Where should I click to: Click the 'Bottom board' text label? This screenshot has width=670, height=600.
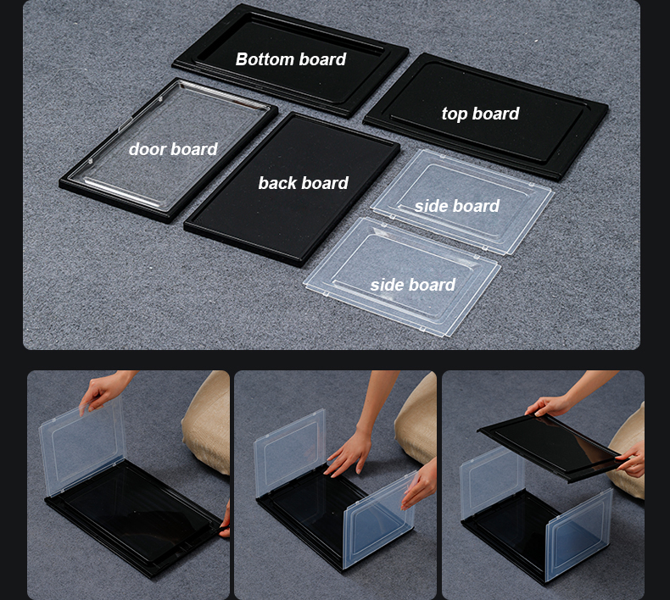pos(291,59)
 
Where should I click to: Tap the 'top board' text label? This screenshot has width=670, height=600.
pos(480,114)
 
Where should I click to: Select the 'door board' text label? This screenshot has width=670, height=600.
pos(173,149)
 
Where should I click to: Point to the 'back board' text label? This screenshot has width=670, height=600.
pos(303,183)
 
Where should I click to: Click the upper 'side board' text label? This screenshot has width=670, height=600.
pos(457,206)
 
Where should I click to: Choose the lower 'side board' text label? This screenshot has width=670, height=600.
pos(413,285)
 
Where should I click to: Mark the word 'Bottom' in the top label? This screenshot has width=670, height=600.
pos(265,59)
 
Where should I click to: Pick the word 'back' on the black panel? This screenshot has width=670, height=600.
pos(278,183)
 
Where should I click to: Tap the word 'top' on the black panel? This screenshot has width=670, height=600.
pos(455,114)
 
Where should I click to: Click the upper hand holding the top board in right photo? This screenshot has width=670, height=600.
pos(547,407)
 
